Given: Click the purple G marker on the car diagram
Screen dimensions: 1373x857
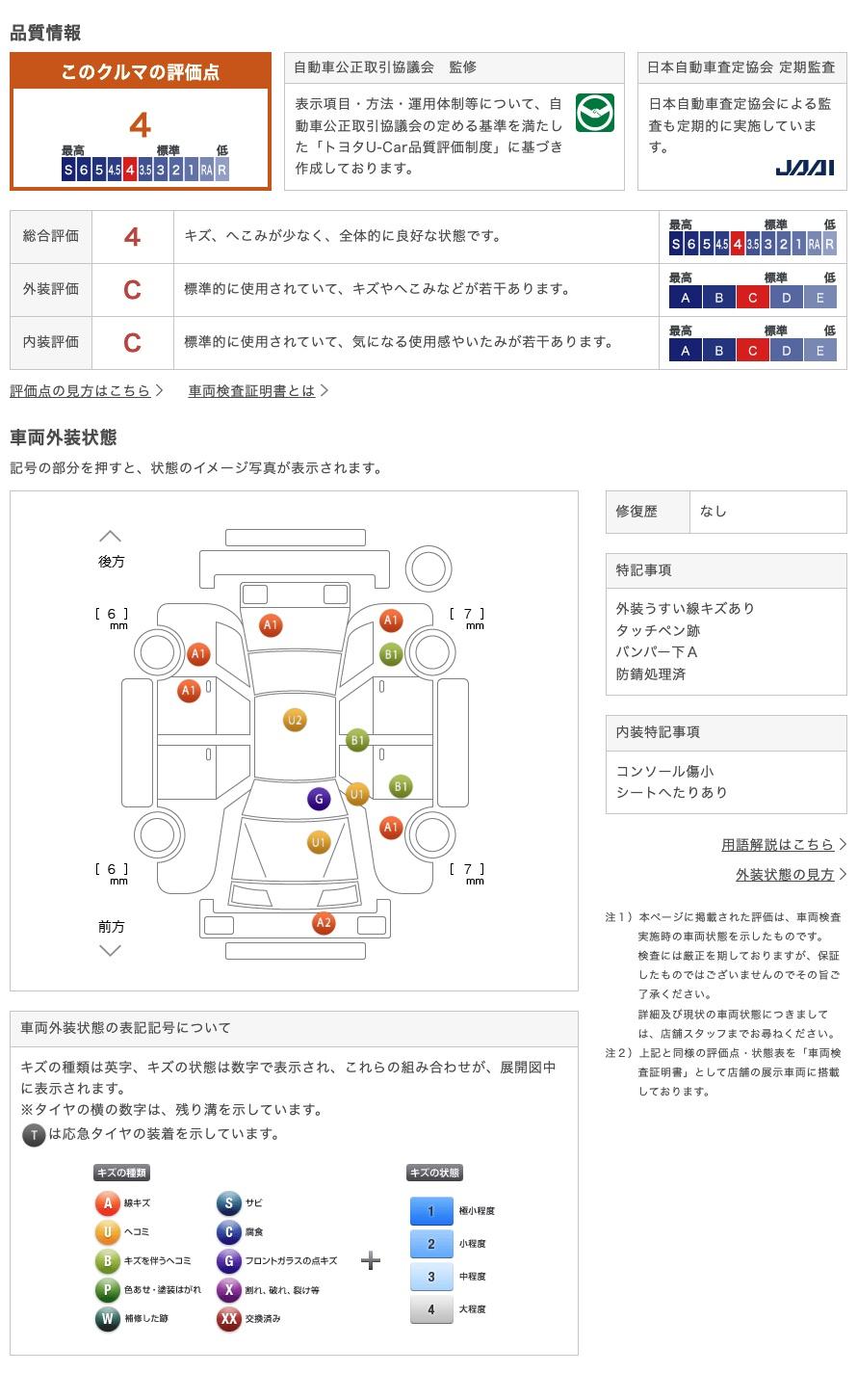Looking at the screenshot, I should [319, 799].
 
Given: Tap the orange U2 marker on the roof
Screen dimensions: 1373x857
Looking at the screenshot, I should [295, 720].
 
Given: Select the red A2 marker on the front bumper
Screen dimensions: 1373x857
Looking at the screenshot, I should [324, 923].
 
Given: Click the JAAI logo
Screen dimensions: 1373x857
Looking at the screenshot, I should [805, 168].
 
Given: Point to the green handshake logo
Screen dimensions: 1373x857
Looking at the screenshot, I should [594, 114].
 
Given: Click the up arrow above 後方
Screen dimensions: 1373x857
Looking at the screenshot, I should [111, 536].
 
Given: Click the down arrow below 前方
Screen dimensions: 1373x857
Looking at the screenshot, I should [111, 951].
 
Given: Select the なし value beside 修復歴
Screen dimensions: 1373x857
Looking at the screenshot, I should [714, 512].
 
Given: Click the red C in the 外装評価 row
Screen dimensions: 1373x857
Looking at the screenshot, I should [132, 290].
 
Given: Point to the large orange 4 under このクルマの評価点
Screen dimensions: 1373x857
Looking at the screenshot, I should [141, 125].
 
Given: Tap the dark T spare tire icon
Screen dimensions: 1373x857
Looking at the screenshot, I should [34, 1135].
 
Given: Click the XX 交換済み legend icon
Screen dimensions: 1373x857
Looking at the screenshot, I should [228, 1318].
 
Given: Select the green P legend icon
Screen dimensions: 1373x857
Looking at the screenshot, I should [107, 1289].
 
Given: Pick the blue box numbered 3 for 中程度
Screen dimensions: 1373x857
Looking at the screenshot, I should [431, 1277].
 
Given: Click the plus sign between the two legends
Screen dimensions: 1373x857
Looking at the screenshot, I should [371, 1260].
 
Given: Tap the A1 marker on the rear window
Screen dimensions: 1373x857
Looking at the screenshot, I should [271, 625].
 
